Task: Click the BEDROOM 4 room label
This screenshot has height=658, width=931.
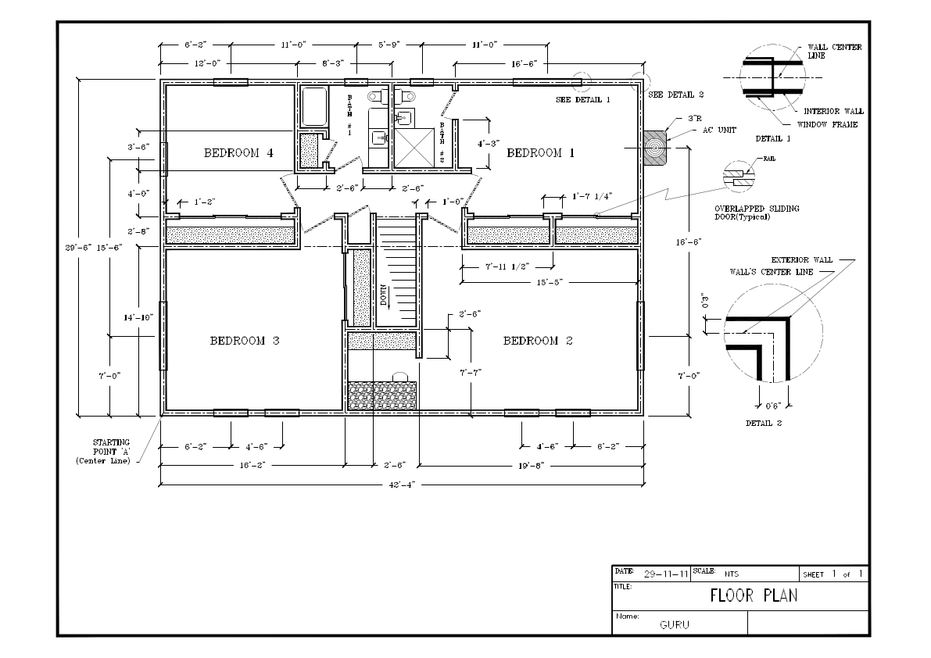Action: [238, 153]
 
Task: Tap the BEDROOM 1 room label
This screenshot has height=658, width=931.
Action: [541, 153]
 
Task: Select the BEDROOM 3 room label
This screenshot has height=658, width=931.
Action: [244, 341]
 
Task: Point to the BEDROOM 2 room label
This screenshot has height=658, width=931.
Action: [542, 341]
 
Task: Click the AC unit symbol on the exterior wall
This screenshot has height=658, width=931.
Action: [655, 146]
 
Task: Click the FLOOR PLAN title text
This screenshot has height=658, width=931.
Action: [754, 595]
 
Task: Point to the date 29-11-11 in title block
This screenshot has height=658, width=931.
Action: [666, 574]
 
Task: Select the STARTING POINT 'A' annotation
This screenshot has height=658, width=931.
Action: [106, 451]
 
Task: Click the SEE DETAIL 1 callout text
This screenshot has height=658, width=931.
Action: [582, 100]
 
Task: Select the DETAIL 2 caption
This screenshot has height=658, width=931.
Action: [763, 423]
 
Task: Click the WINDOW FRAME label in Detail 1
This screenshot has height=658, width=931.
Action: [827, 124]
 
